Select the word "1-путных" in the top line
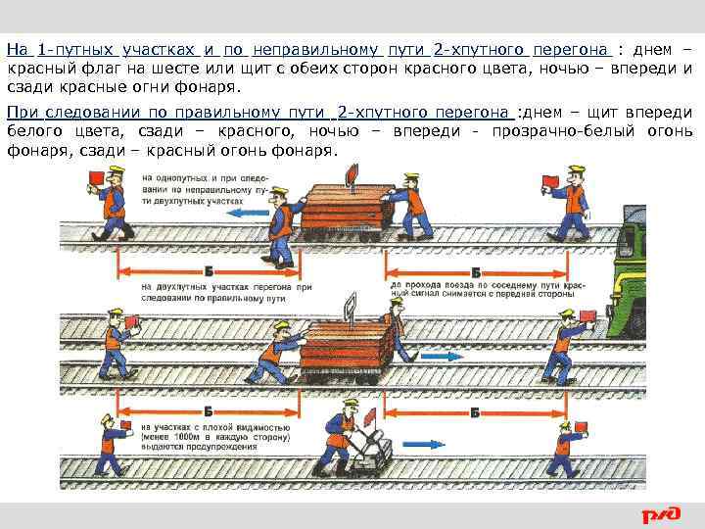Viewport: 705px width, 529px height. pos(77,49)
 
